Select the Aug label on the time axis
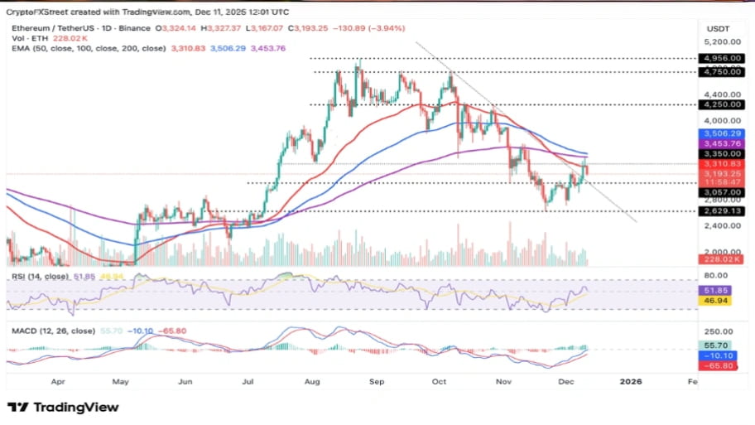(311, 382)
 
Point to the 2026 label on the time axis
(630, 382)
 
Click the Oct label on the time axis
(439, 382)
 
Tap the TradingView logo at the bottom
(63, 407)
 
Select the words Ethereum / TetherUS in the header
(41, 27)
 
